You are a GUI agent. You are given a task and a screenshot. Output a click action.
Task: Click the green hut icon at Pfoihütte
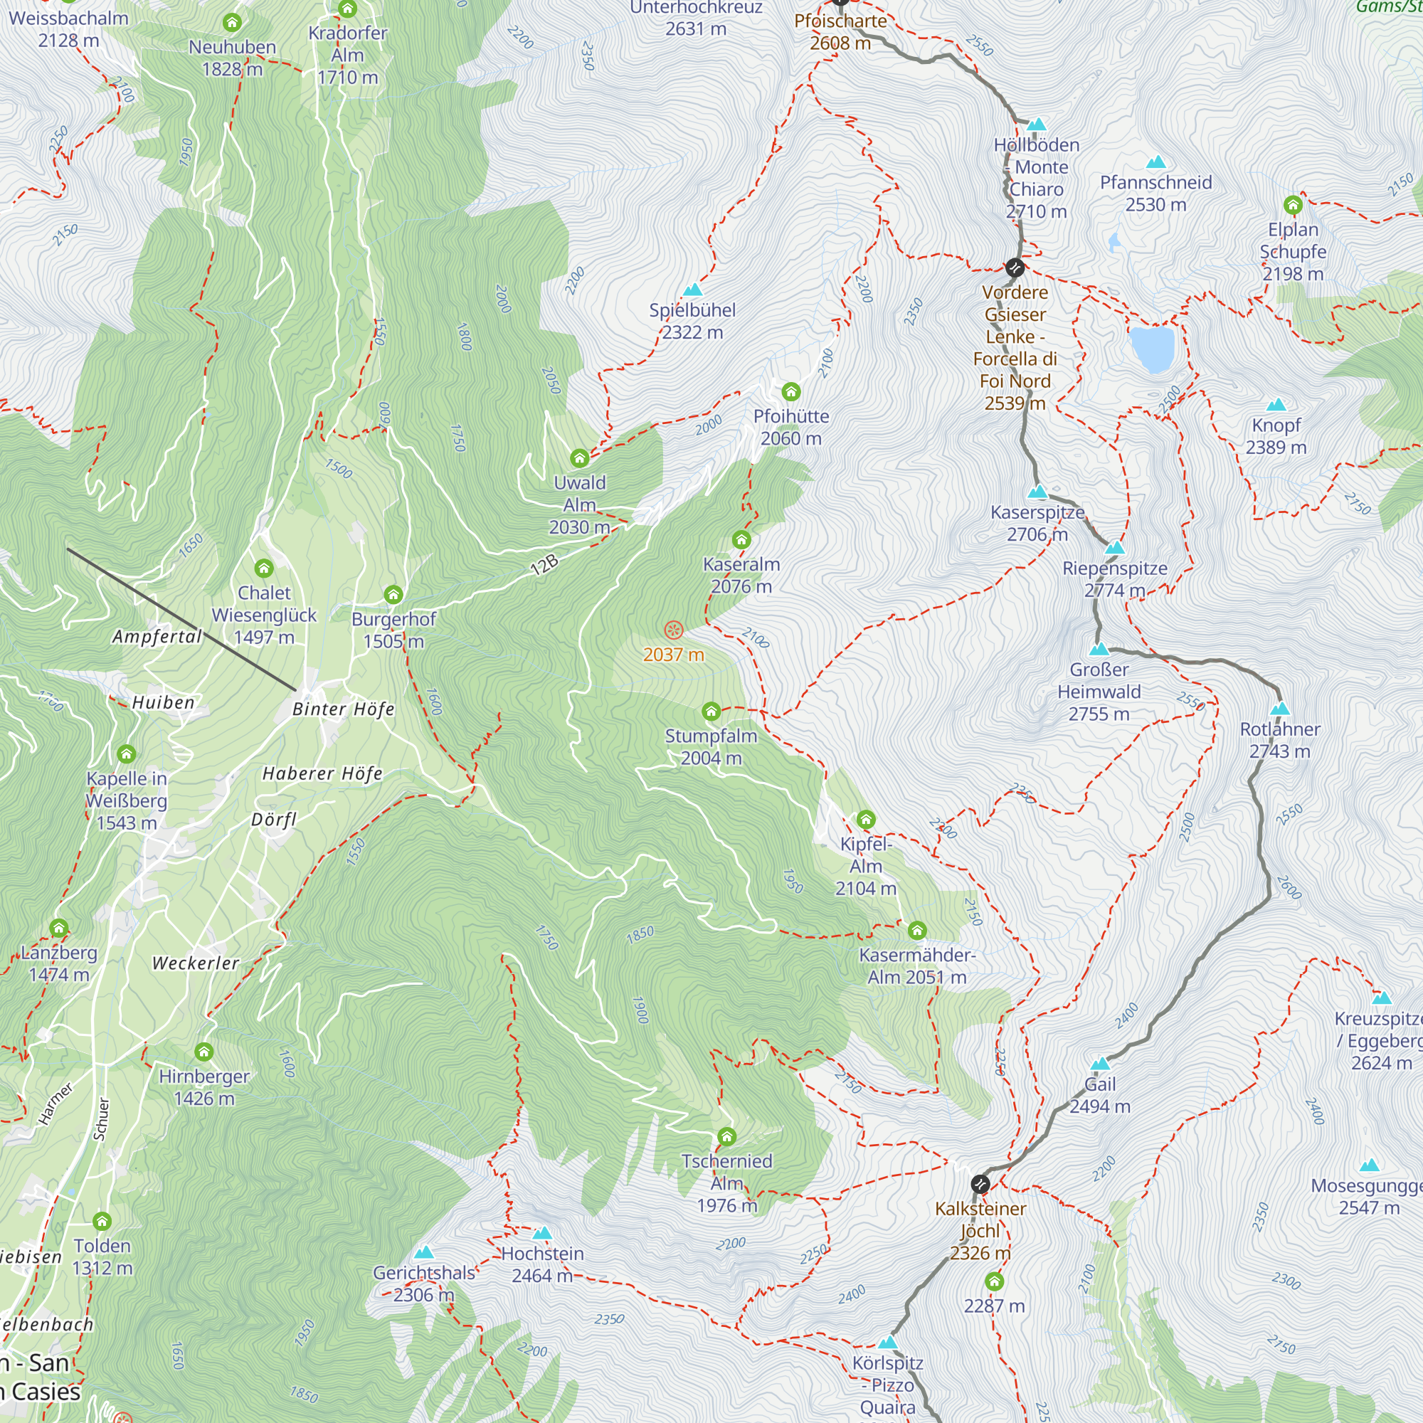coord(791,391)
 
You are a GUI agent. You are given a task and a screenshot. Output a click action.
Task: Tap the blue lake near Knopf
coord(1152,349)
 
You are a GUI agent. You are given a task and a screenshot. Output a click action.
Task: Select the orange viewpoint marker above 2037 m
coord(673,630)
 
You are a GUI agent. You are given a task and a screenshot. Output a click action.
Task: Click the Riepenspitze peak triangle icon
coord(1115,548)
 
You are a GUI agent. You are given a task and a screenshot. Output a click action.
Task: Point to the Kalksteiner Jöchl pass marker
coord(980,1184)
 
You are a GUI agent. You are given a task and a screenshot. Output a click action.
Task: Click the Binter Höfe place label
coord(343,709)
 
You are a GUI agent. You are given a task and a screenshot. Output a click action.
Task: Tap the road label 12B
coord(544,565)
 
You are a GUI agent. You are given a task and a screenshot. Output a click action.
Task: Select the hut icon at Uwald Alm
coord(580,459)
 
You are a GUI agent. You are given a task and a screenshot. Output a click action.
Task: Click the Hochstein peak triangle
coord(542,1233)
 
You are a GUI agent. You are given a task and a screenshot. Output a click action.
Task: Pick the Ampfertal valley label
coord(157,636)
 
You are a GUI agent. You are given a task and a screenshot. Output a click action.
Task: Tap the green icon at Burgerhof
coord(393,594)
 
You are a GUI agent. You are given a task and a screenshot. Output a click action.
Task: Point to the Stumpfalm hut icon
coord(711,711)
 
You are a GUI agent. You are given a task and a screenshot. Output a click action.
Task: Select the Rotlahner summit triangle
coord(1280,709)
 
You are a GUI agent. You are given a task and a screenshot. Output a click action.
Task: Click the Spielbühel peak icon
coord(692,290)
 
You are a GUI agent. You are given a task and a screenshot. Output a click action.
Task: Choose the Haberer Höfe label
coord(322,773)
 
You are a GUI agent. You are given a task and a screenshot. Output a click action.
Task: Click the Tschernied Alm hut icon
coord(727,1136)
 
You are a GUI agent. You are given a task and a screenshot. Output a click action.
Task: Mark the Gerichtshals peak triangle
coord(423,1252)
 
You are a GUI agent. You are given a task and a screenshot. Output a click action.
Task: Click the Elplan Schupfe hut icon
coord(1294,204)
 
